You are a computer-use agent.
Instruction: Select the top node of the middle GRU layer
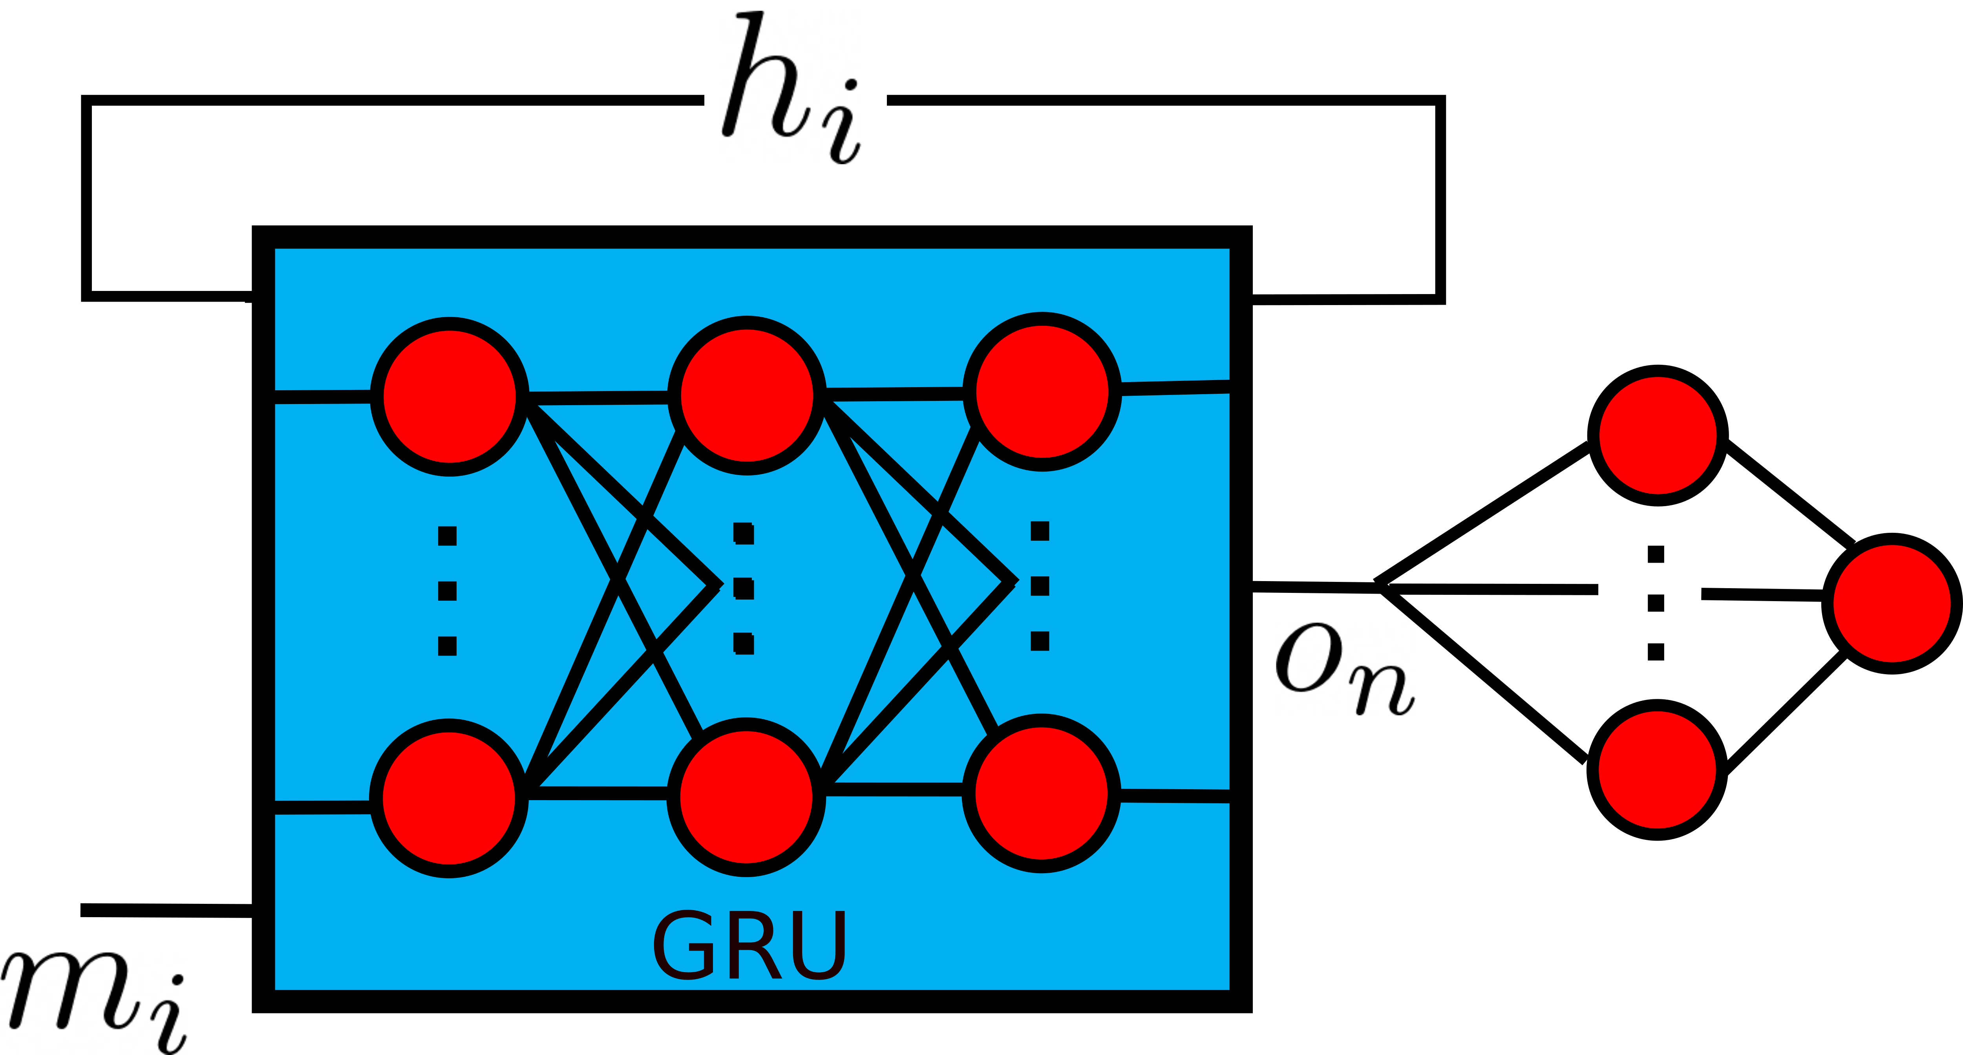pos(747,395)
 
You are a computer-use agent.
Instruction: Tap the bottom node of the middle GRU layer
pos(747,797)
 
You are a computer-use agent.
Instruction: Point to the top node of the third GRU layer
pos(1042,391)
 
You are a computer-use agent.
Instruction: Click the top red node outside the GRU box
pos(1658,435)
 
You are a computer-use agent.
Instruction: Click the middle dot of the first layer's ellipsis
pos(447,591)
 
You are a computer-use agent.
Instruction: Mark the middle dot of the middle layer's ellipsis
pos(744,589)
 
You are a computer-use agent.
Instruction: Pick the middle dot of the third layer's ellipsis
pos(1040,585)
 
